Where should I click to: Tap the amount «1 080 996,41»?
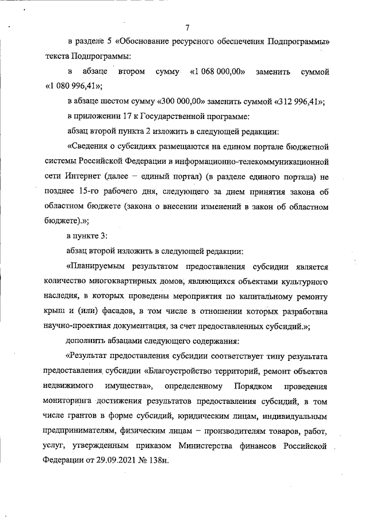click(x=72, y=87)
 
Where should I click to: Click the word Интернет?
click(x=80, y=176)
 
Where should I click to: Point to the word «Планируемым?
click(x=95, y=266)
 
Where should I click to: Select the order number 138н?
click(x=160, y=460)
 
